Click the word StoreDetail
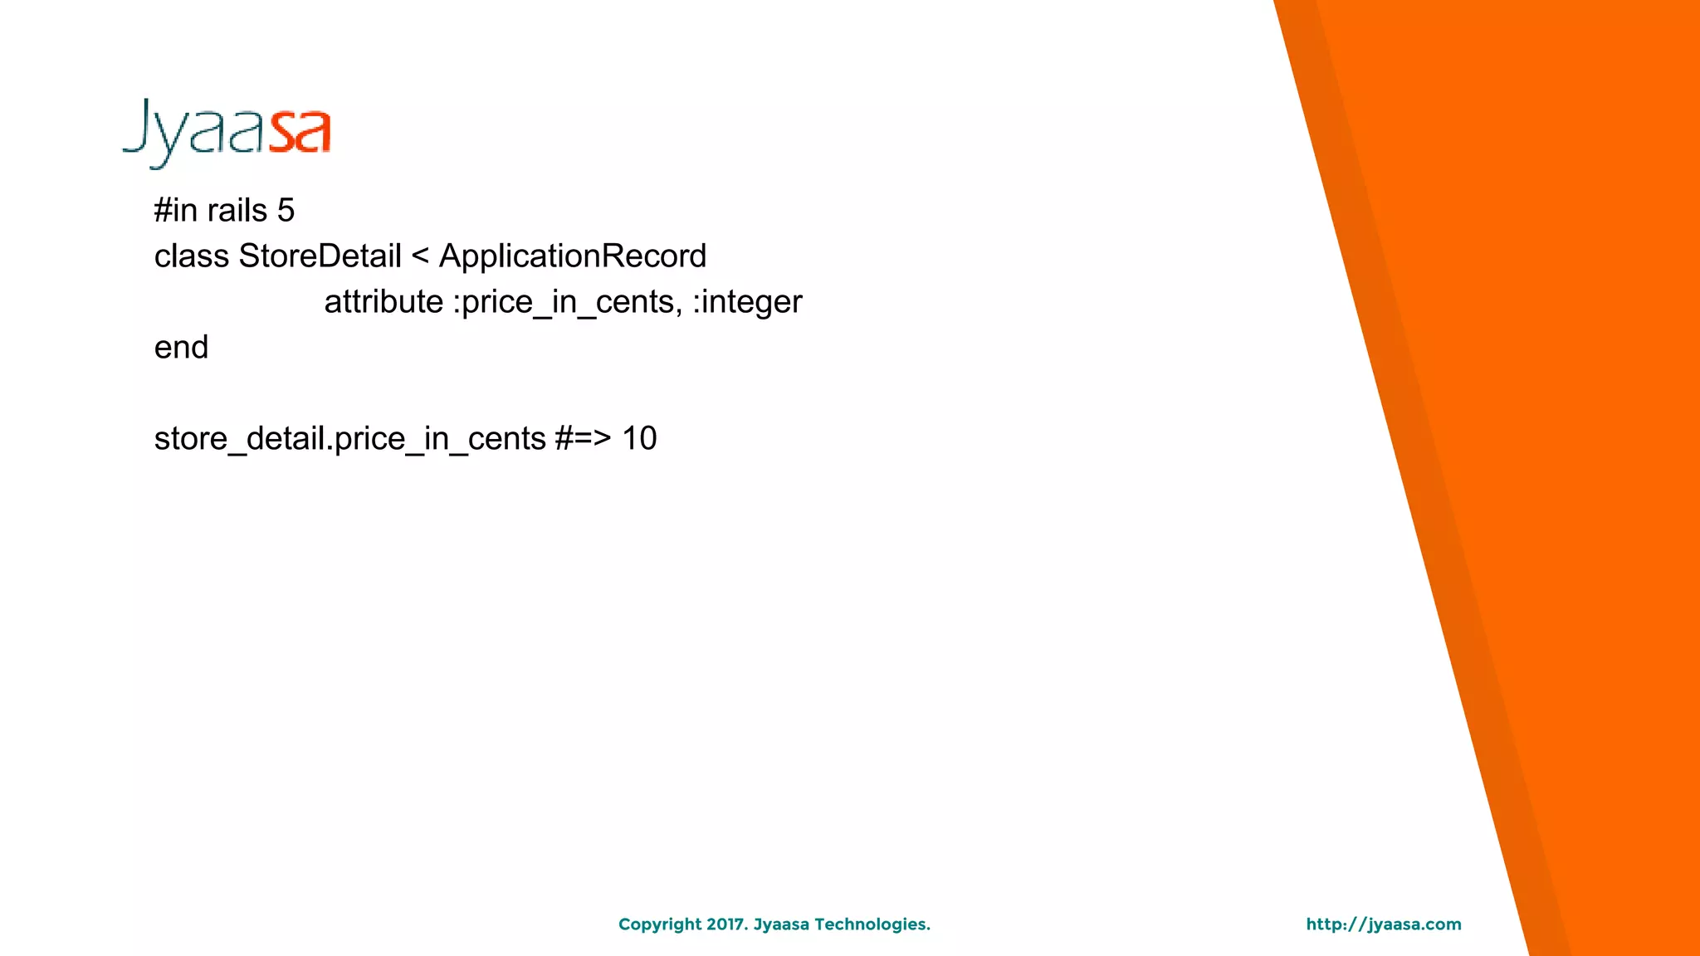320,256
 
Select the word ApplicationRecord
572,256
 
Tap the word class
191,256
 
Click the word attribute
383,302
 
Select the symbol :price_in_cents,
567,302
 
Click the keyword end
181,348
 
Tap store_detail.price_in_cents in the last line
349,439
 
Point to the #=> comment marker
583,439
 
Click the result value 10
639,439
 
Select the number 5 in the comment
286,211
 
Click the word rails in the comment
237,211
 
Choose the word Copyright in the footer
660,924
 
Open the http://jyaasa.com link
1383,924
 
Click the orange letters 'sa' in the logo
300,133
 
